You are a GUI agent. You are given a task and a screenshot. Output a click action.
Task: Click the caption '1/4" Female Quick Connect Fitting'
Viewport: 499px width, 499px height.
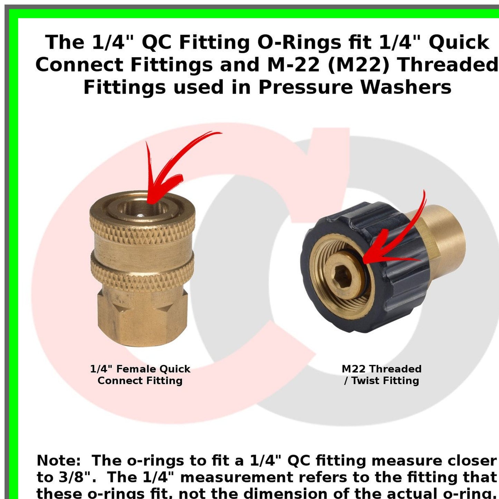pos(140,375)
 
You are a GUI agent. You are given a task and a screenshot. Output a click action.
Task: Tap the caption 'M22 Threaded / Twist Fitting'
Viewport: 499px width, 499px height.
pos(382,375)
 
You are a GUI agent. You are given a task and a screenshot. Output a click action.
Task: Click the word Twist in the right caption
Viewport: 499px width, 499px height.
pos(366,381)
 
